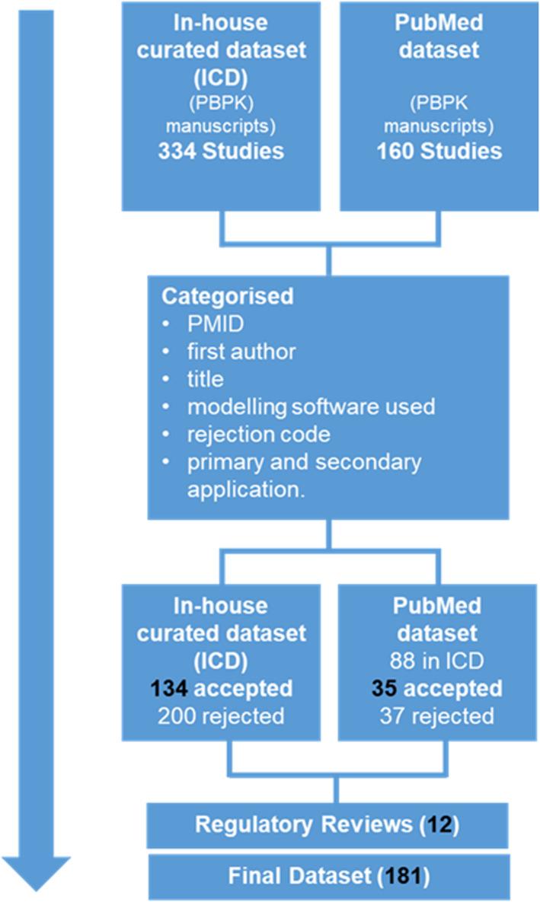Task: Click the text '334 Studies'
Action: coord(221,151)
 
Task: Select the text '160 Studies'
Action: coord(439,151)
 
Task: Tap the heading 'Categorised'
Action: coord(227,296)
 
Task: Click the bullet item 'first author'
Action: coord(241,351)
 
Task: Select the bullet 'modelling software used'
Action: coord(311,406)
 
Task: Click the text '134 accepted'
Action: coord(221,688)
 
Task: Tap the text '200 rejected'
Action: coord(221,716)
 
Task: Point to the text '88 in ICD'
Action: coord(439,661)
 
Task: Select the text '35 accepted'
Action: coord(439,688)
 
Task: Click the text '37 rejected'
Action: coord(439,716)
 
